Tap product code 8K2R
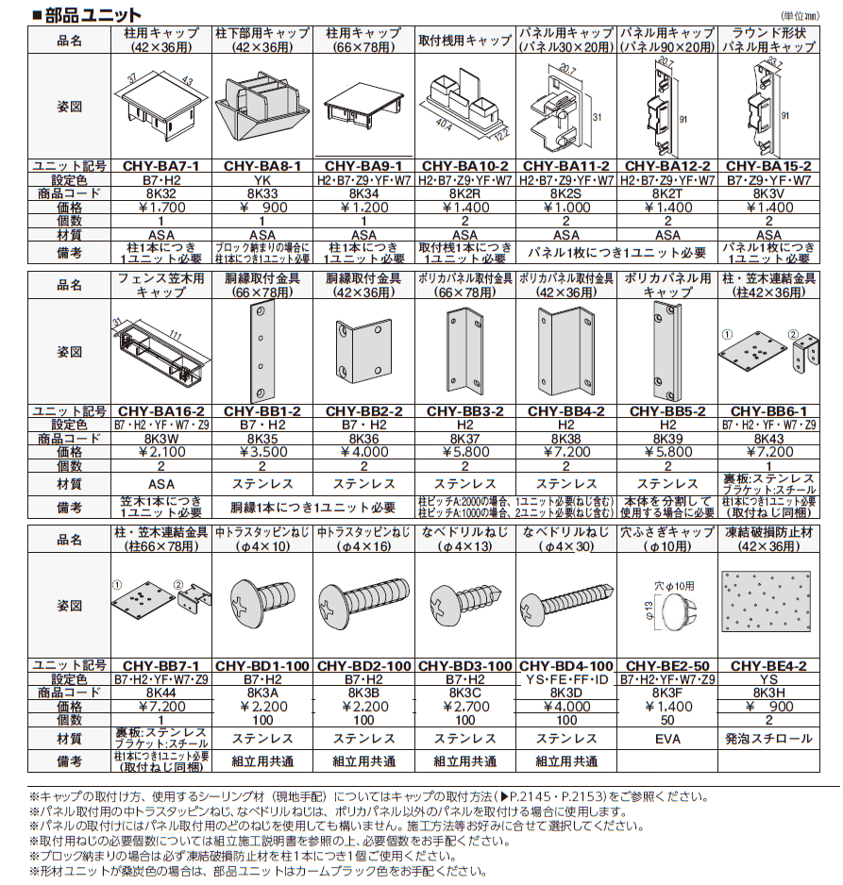pos(464,192)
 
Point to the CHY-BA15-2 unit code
pos(768,164)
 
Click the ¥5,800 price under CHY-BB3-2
pos(464,452)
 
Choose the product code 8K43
pos(768,438)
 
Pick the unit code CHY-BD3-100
pos(464,666)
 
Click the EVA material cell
pos(667,739)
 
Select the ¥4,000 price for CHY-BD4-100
pos(565,707)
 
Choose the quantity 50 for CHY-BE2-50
pos(667,720)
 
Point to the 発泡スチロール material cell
pos(768,739)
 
